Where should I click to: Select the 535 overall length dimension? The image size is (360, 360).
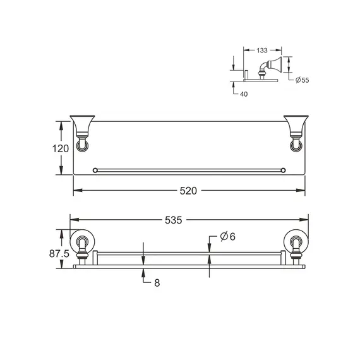click(x=174, y=220)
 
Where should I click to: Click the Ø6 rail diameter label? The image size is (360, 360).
click(x=227, y=236)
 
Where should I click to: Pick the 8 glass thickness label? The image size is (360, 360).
click(x=157, y=284)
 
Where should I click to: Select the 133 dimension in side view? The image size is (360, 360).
click(x=264, y=49)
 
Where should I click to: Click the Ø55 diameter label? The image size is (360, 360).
click(x=302, y=81)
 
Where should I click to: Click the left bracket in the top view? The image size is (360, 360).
click(x=83, y=133)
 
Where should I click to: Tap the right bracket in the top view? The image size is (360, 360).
click(x=296, y=133)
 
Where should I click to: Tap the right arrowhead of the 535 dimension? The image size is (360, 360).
click(x=306, y=220)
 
